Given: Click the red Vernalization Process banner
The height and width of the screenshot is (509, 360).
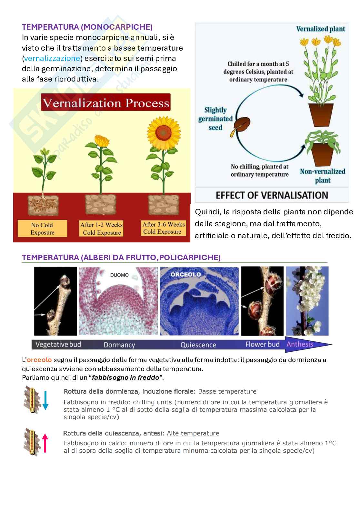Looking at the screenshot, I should click(106, 103).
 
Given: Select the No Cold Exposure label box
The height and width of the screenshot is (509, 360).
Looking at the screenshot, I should click(42, 229).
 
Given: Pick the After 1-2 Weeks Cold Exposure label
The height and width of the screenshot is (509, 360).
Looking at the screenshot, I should click(102, 229).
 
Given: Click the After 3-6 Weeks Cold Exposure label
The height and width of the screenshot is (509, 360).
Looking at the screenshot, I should click(164, 228).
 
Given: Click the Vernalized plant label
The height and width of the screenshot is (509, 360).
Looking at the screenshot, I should click(321, 29).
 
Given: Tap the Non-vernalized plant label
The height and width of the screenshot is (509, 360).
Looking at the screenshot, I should click(323, 175).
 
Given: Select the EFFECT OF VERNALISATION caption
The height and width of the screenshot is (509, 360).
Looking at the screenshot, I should click(272, 195).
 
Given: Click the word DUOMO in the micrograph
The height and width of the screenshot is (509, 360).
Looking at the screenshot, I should click(119, 275).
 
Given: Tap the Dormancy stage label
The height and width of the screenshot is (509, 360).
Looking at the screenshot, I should click(119, 345).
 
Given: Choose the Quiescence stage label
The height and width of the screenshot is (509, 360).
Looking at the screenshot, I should click(198, 345).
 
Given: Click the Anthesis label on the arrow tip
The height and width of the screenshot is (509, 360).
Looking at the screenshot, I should click(300, 344).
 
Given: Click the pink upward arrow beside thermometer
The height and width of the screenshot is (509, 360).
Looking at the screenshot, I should click(45, 442).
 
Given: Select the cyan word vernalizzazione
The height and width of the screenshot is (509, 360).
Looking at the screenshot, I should click(52, 58).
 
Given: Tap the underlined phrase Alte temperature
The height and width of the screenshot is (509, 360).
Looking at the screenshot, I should click(193, 433).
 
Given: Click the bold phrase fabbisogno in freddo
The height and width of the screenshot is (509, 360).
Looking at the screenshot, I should click(125, 377).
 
